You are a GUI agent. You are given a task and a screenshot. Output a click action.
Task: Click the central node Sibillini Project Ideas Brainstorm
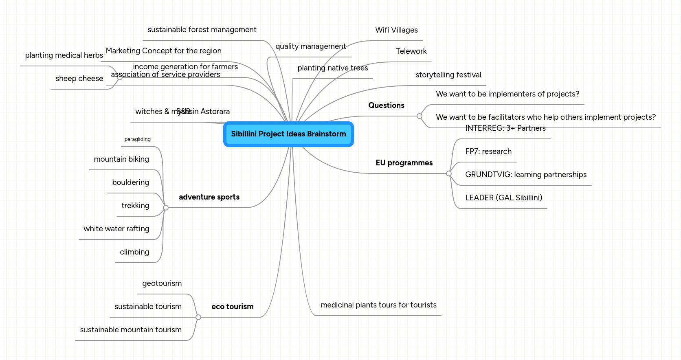(x=288, y=134)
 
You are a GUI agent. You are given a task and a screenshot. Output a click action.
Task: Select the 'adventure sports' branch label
(x=209, y=197)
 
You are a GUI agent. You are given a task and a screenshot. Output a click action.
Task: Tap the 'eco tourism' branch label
(x=232, y=307)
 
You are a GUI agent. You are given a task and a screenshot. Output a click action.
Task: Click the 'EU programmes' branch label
(x=404, y=163)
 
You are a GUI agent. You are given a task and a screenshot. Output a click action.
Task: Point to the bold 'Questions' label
(x=386, y=105)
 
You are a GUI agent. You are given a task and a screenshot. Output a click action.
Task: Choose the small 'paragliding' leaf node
(x=137, y=139)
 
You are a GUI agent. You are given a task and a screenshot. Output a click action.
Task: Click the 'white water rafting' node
(x=116, y=229)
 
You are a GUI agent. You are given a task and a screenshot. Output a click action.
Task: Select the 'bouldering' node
(x=130, y=182)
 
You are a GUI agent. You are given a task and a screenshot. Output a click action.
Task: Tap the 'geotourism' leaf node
(x=162, y=283)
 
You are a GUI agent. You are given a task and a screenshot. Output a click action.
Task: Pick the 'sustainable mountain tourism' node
(x=131, y=330)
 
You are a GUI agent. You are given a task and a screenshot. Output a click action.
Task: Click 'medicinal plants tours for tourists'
(x=378, y=305)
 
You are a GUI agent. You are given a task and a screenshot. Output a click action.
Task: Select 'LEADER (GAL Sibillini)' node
(x=503, y=198)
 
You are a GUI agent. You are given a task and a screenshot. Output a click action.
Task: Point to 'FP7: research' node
(x=488, y=151)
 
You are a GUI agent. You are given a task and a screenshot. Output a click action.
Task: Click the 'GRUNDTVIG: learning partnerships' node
(x=525, y=175)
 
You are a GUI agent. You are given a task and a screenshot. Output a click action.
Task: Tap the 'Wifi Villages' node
(x=396, y=30)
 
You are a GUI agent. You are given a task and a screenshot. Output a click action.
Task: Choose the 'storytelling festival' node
(x=448, y=75)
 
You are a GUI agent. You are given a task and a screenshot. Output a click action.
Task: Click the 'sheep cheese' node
(x=79, y=79)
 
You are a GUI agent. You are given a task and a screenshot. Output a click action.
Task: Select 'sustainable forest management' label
(x=202, y=30)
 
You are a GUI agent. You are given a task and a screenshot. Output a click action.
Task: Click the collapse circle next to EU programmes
(x=449, y=173)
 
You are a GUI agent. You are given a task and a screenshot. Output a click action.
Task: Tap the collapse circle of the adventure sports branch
(x=166, y=208)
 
